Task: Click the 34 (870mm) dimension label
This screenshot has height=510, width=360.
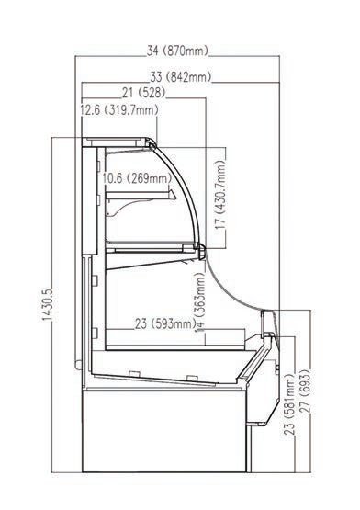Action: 177,51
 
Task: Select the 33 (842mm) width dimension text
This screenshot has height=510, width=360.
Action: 181,77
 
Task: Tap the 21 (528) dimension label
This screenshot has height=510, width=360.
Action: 144,93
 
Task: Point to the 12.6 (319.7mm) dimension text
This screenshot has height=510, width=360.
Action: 119,110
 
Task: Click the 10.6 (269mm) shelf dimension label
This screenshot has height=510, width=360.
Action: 137,178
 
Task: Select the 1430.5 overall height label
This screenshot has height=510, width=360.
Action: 48,304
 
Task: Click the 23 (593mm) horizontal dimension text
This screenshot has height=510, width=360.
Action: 165,324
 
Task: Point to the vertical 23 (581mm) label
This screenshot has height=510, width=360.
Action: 289,404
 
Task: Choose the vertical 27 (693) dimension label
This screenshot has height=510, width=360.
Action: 305,391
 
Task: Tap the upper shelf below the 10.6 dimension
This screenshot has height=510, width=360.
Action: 141,195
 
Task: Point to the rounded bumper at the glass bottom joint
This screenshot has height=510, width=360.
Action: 202,252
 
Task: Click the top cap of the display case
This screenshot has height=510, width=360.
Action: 118,142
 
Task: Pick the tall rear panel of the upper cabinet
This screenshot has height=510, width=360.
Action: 89,200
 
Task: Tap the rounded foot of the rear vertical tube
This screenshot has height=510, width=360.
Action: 78,365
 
